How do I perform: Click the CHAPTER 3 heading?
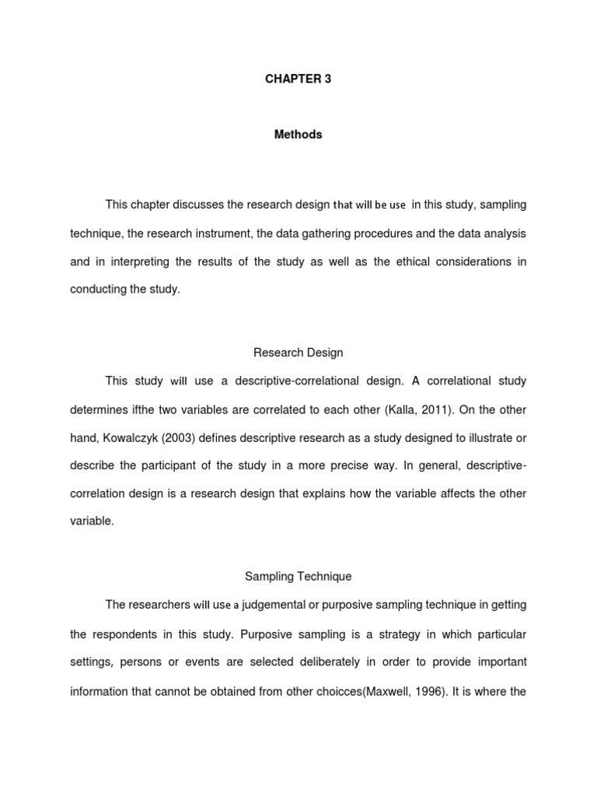[x=298, y=79]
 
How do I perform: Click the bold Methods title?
[x=298, y=135]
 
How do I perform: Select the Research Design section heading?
[x=298, y=353]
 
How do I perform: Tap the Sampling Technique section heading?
[x=298, y=577]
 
